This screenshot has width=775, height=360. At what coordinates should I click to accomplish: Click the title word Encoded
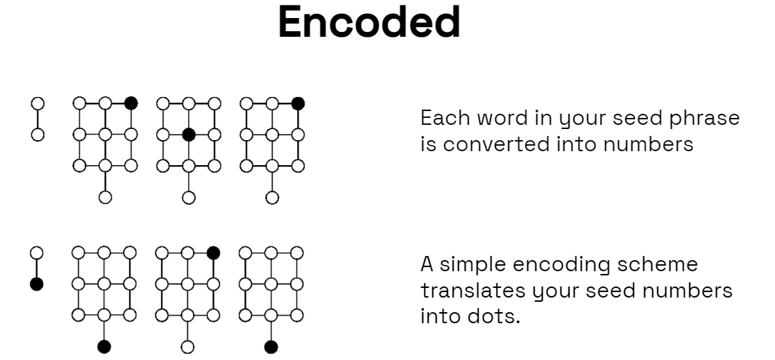(x=369, y=22)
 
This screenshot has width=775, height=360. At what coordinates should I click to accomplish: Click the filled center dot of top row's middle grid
(x=188, y=135)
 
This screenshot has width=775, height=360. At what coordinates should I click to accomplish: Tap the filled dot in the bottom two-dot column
(x=37, y=284)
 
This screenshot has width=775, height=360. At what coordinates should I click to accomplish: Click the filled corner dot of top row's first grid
(x=131, y=103)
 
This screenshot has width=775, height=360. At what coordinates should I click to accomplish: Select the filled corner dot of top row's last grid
(x=298, y=103)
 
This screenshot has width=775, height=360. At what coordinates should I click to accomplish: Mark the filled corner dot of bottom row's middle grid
(x=214, y=253)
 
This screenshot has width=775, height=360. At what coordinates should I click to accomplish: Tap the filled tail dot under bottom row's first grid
(x=105, y=346)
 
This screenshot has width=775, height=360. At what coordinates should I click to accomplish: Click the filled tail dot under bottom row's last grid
(x=271, y=346)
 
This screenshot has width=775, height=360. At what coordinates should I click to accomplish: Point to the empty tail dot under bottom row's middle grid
(x=188, y=346)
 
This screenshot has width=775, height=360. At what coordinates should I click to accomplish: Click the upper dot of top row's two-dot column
(x=37, y=103)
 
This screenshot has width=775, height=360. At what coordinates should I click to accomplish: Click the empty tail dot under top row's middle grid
(x=188, y=198)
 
